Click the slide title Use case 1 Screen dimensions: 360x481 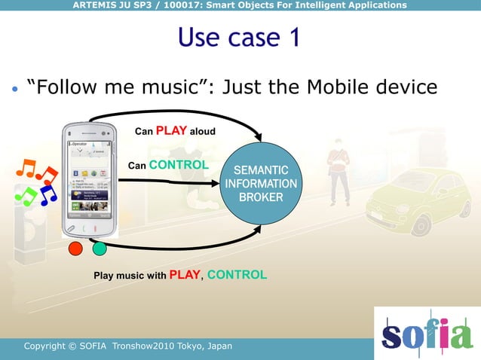pyautogui.click(x=239, y=37)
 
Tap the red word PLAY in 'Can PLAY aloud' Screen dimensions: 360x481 pyautogui.click(x=172, y=130)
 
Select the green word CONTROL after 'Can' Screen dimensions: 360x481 pyautogui.click(x=179, y=164)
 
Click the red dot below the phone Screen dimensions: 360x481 pyautogui.click(x=75, y=249)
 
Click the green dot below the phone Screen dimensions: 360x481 pyautogui.click(x=99, y=249)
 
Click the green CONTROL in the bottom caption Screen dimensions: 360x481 pyautogui.click(x=237, y=275)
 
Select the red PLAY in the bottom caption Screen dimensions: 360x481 pyautogui.click(x=185, y=275)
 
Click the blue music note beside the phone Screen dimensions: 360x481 pyautogui.click(x=47, y=195)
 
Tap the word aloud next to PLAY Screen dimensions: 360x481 pyautogui.click(x=202, y=132)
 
